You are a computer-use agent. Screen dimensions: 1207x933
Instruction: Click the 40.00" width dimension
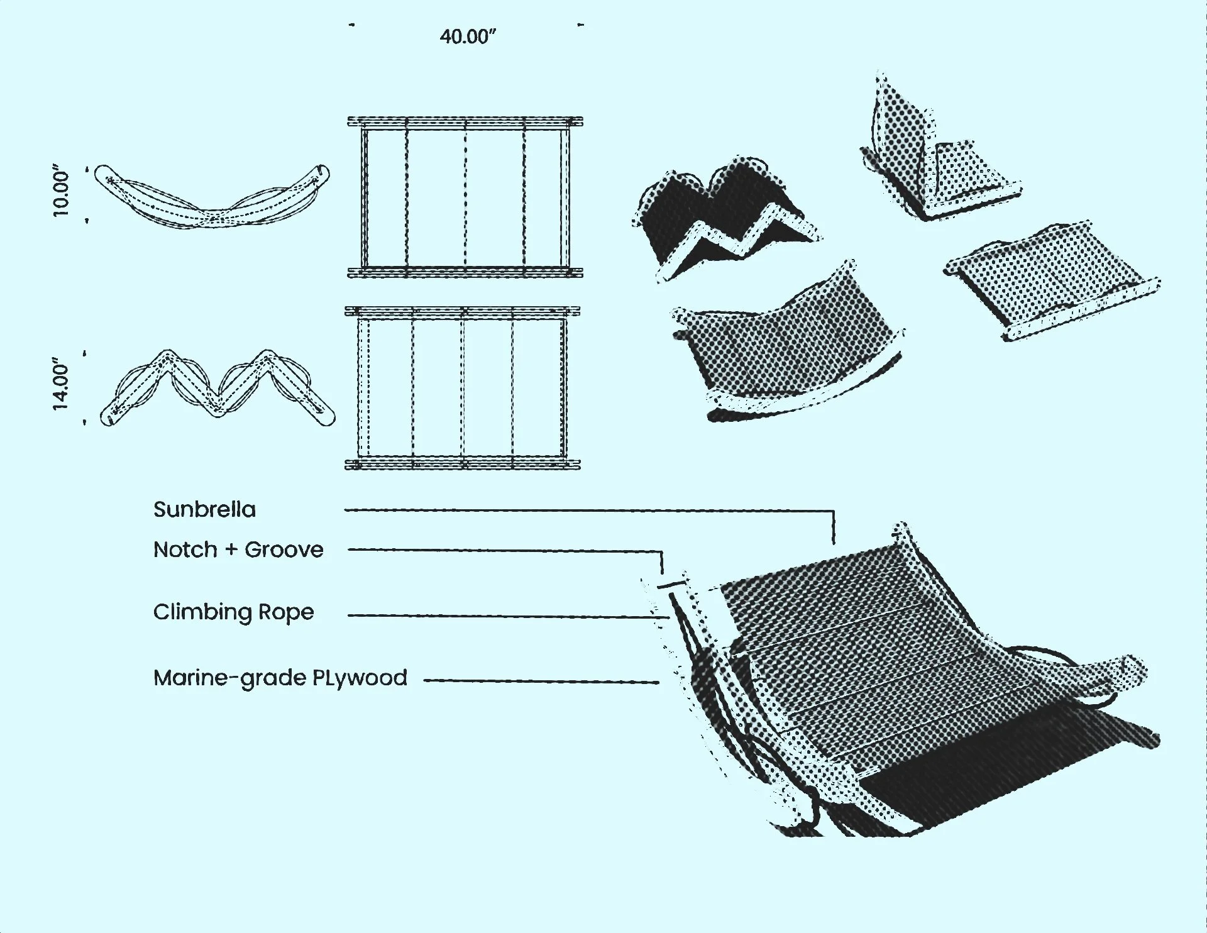pos(468,36)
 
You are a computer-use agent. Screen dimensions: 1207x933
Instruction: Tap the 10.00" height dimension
pos(62,192)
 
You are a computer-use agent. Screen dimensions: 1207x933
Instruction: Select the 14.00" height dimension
pos(62,384)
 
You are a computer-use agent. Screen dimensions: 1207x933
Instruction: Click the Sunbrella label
pos(204,509)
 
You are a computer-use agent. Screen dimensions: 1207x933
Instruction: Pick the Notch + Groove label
pos(238,549)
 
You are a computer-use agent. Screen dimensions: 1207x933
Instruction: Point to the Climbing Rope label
pos(233,612)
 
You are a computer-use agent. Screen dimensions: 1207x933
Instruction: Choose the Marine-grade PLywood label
pos(280,678)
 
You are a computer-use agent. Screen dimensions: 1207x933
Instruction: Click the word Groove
pos(284,549)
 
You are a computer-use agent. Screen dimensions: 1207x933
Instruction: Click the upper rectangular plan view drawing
pos(465,197)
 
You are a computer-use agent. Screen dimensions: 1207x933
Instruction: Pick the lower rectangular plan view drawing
pos(463,388)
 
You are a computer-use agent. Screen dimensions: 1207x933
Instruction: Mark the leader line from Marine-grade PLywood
pos(541,681)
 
